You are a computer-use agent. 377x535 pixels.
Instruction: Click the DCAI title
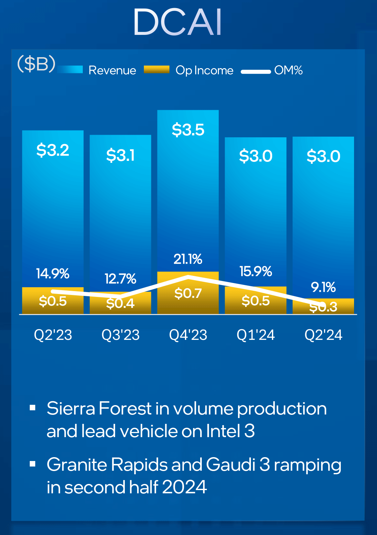178,22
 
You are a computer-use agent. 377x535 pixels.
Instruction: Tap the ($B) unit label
36,64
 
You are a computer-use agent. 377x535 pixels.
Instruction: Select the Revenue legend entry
112,70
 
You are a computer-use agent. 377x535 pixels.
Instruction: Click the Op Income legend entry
204,70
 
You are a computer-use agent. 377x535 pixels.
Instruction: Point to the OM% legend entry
288,70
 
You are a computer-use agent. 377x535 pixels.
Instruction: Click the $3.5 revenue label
188,130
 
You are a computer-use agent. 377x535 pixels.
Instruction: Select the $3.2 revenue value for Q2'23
53,150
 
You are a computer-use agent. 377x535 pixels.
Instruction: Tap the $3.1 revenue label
120,155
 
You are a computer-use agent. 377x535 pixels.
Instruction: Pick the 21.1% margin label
188,259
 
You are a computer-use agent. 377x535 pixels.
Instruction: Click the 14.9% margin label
53,274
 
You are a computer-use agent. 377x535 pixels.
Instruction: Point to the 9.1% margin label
323,287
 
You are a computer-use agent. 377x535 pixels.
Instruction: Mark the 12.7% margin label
120,279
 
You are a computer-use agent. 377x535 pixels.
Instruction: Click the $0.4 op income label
120,303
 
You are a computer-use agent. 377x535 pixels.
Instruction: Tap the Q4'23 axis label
188,335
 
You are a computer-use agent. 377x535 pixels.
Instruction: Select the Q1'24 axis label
255,335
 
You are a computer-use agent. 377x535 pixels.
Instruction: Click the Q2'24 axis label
323,335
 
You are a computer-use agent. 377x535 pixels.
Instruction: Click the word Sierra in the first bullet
71,408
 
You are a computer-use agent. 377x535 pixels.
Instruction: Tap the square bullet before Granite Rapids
32,464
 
